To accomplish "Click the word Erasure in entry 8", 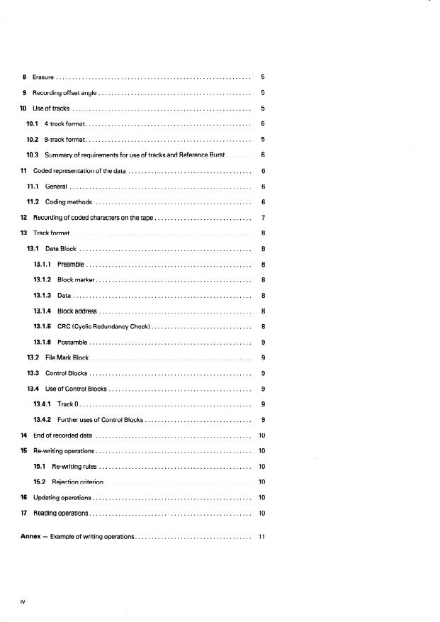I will [x=43, y=77].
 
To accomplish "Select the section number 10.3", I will [x=32, y=155].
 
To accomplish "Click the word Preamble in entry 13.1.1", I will [x=71, y=264].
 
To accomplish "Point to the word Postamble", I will [x=72, y=342].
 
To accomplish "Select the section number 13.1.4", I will [x=43, y=311].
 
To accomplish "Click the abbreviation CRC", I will [x=64, y=326].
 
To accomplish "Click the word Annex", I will [x=30, y=537].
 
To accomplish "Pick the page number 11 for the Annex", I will [x=262, y=537].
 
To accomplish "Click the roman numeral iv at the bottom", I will [x=23, y=601].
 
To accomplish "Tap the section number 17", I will [x=24, y=513].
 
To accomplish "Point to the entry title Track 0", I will [x=67, y=404].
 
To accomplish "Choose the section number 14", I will [x=24, y=435].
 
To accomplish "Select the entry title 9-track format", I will [x=65, y=139].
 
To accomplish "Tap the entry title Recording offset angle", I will [x=64, y=92].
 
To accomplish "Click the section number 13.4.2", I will [x=43, y=420].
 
